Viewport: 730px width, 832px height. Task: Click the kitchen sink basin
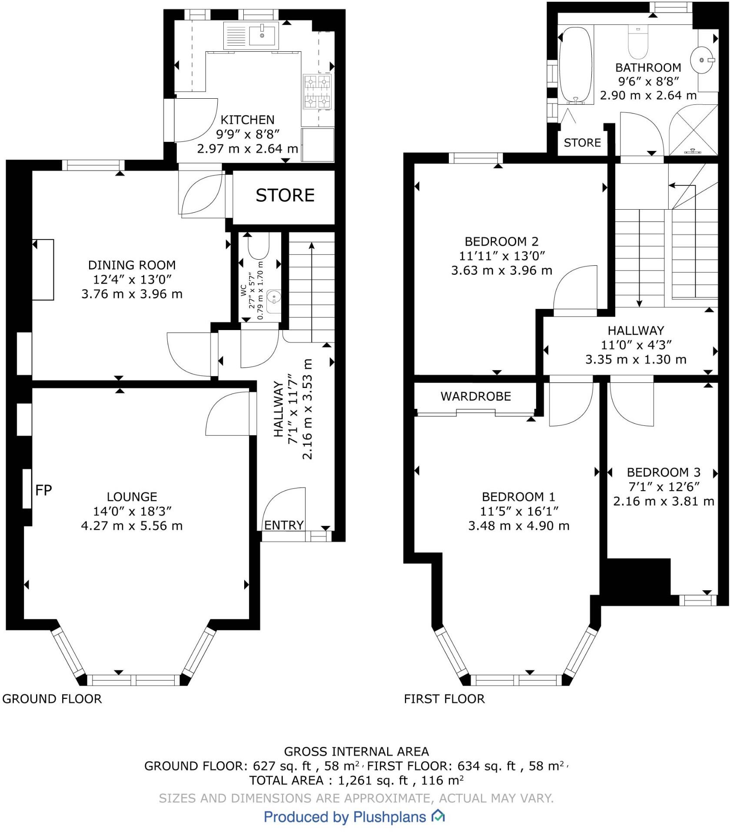(262, 35)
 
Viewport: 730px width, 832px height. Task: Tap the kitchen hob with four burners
(317, 91)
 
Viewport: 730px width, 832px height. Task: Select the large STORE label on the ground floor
(285, 196)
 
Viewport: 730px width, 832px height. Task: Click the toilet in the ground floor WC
(259, 246)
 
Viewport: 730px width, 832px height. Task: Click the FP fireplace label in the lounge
(43, 490)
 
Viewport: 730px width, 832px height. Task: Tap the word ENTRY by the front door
(284, 525)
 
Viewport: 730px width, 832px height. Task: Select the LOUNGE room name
(132, 497)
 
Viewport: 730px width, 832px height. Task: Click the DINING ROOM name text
(132, 265)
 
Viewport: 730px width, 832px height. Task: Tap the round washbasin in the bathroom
(702, 59)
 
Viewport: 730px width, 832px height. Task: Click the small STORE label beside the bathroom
(582, 143)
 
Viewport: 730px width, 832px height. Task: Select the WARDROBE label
(476, 396)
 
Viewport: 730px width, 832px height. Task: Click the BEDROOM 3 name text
(664, 472)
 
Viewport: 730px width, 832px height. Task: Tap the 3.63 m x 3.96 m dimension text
(502, 270)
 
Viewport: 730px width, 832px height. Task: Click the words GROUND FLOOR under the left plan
(52, 699)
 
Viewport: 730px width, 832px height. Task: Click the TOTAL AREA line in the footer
(356, 781)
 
